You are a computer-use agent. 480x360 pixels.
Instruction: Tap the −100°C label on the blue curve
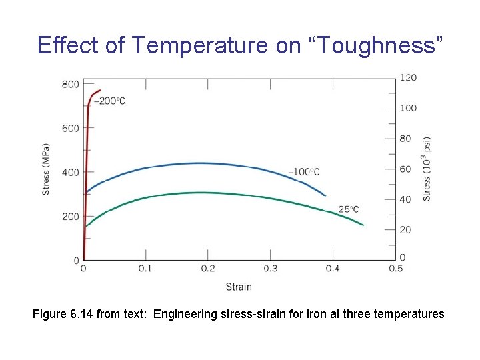[304, 172]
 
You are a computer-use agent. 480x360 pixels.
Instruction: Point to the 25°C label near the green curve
[348, 209]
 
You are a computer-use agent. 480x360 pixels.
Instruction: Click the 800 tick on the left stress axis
[71, 84]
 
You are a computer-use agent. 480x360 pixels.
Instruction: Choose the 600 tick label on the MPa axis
[71, 128]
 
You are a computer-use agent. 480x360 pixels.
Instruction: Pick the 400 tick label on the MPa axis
[71, 172]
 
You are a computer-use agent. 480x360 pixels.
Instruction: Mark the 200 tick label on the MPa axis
[71, 216]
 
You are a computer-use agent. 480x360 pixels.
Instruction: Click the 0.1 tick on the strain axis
[145, 269]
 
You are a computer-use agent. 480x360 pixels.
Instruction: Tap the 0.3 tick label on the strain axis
[270, 269]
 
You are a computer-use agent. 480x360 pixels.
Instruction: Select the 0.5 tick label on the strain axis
[395, 269]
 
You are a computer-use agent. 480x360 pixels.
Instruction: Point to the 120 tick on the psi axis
[408, 77]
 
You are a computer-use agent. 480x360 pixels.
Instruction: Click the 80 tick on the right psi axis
[405, 139]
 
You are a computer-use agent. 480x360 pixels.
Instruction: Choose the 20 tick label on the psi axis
[405, 230]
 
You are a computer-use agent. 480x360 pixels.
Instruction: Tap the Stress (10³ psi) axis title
[427, 169]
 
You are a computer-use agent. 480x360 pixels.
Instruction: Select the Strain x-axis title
[238, 287]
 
